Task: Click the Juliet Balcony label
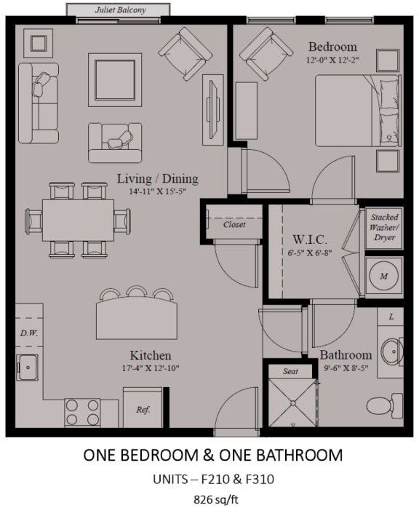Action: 120,10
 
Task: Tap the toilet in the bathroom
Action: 385,405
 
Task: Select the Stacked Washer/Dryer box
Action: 384,228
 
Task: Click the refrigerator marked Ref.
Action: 143,408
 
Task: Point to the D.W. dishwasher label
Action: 29,333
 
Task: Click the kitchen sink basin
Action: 28,368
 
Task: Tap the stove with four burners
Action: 82,413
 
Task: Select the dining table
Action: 78,221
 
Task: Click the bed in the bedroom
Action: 358,111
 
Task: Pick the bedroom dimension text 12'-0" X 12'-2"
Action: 333,60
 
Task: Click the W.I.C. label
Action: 310,239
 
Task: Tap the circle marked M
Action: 384,276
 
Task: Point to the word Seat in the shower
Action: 290,371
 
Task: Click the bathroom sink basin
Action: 392,352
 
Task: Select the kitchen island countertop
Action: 137,318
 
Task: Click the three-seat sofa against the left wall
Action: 39,103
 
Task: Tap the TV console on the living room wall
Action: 212,110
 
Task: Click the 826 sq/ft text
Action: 216,499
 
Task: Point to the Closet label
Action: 234,224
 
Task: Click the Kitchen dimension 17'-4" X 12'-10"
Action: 151,368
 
